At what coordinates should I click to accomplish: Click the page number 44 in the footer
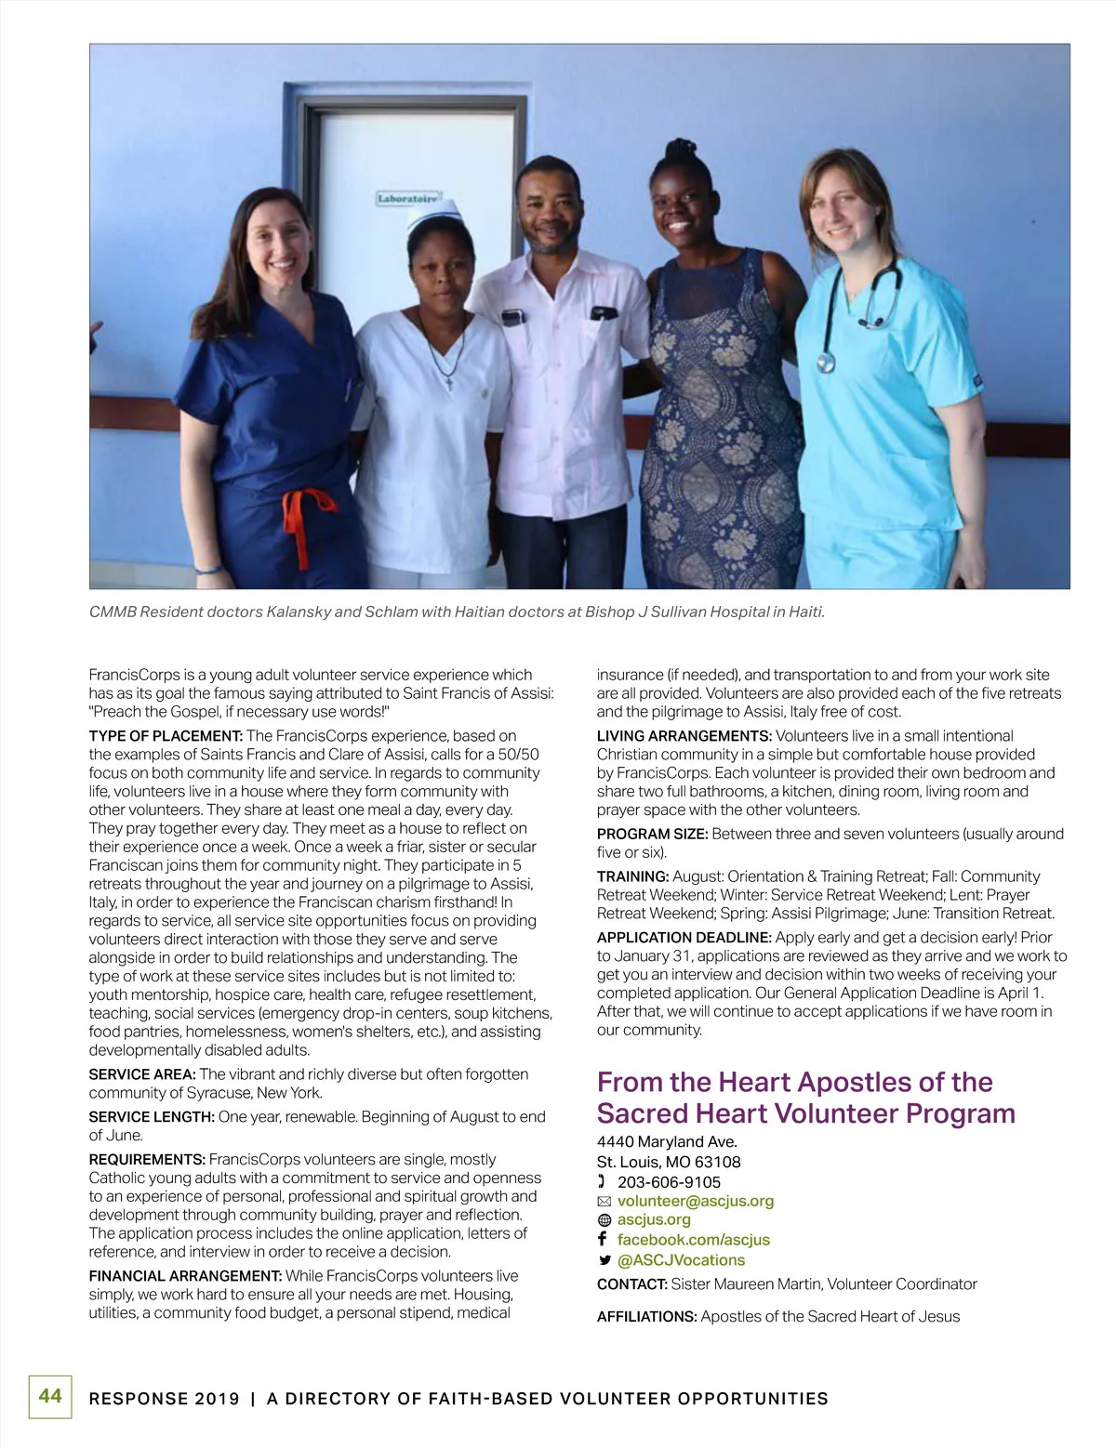coord(50,1395)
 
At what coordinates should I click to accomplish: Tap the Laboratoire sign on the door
coord(408,199)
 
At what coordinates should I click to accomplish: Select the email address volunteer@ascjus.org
coord(695,1201)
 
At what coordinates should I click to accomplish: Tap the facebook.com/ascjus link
coord(693,1240)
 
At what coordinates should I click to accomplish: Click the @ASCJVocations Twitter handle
coord(681,1260)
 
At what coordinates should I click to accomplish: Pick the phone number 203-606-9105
coord(669,1182)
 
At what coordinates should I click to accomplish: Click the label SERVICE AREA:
coord(141,1074)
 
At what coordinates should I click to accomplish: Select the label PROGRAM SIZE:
coord(652,834)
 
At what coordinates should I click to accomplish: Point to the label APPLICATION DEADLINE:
coord(684,938)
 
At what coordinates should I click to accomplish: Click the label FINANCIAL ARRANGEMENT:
coord(185,1276)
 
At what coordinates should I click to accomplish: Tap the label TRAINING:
coord(632,876)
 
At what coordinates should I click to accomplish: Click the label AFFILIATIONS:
coord(646,1316)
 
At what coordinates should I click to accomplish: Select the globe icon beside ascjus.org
coord(604,1220)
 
